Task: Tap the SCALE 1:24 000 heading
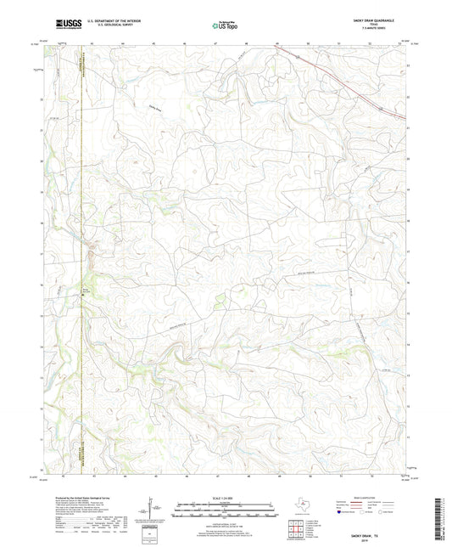coord(226,498)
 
